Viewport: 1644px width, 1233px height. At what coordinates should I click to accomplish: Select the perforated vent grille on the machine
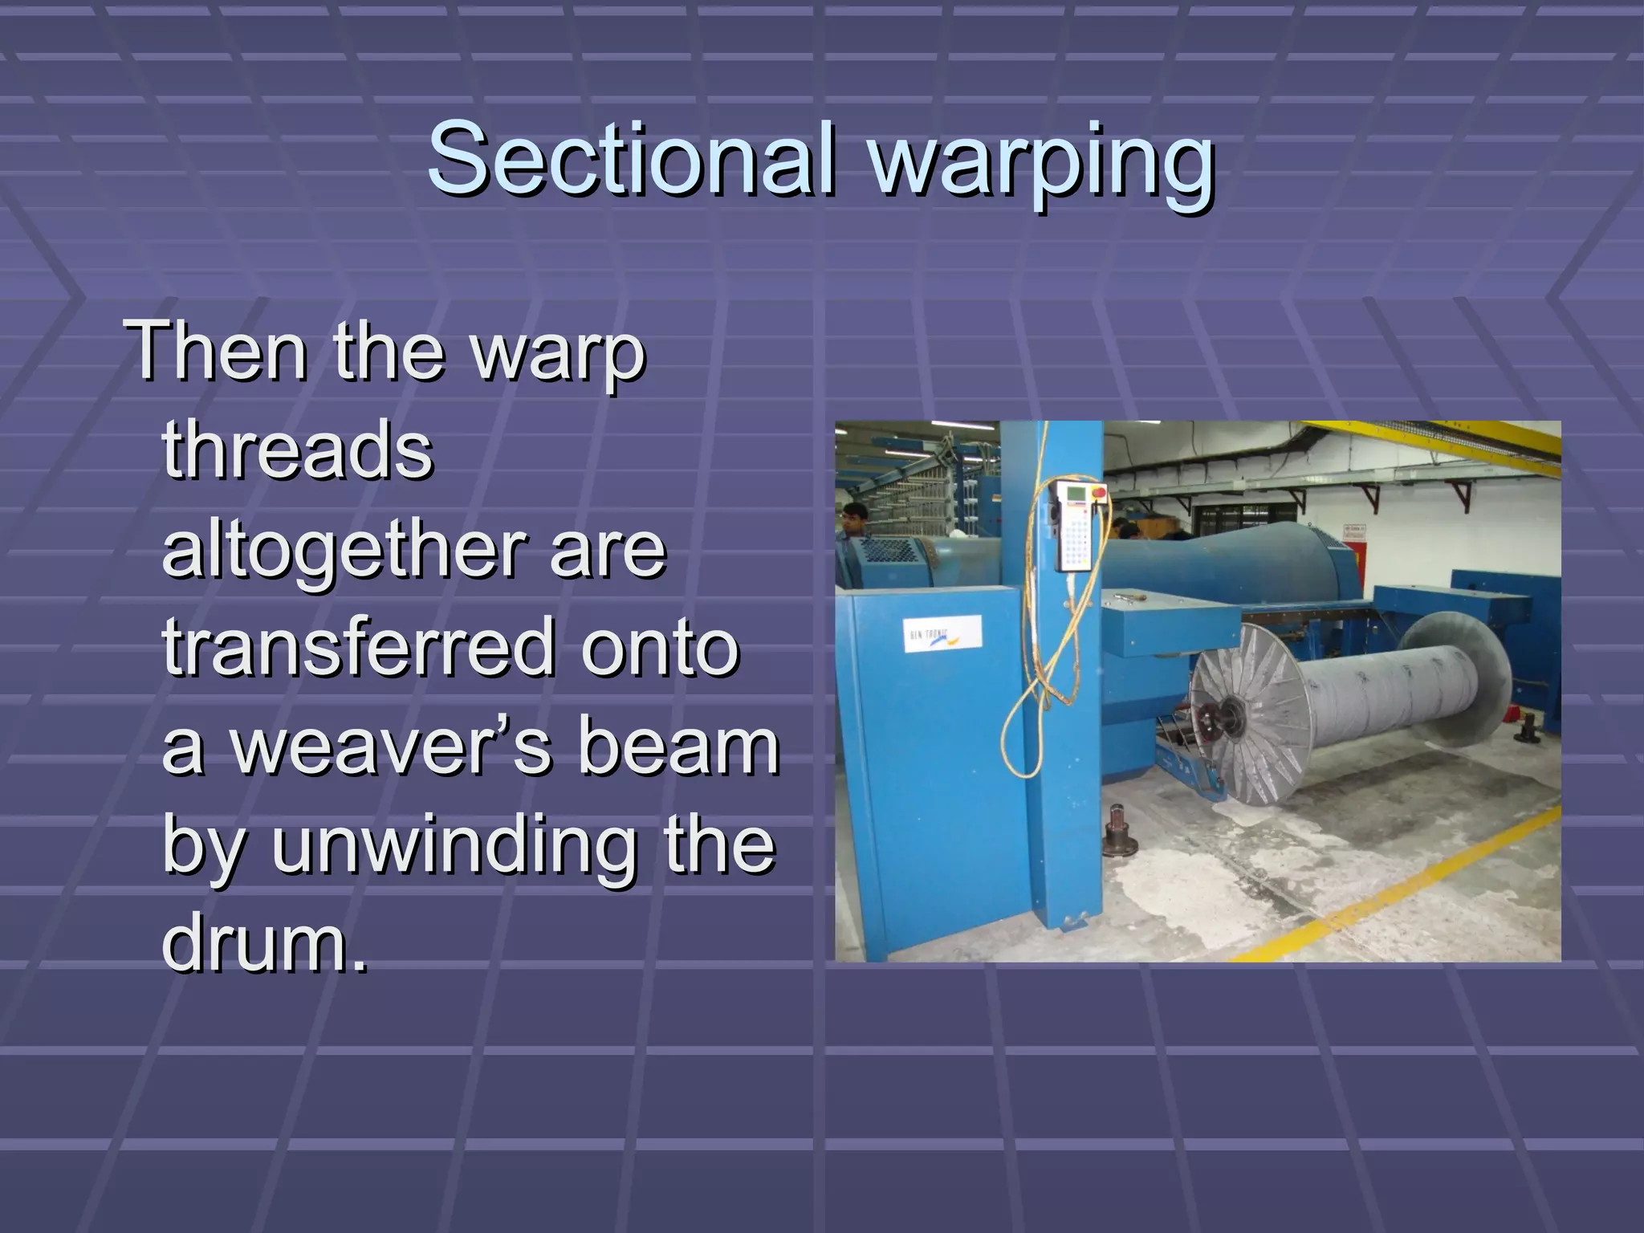[x=888, y=551]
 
